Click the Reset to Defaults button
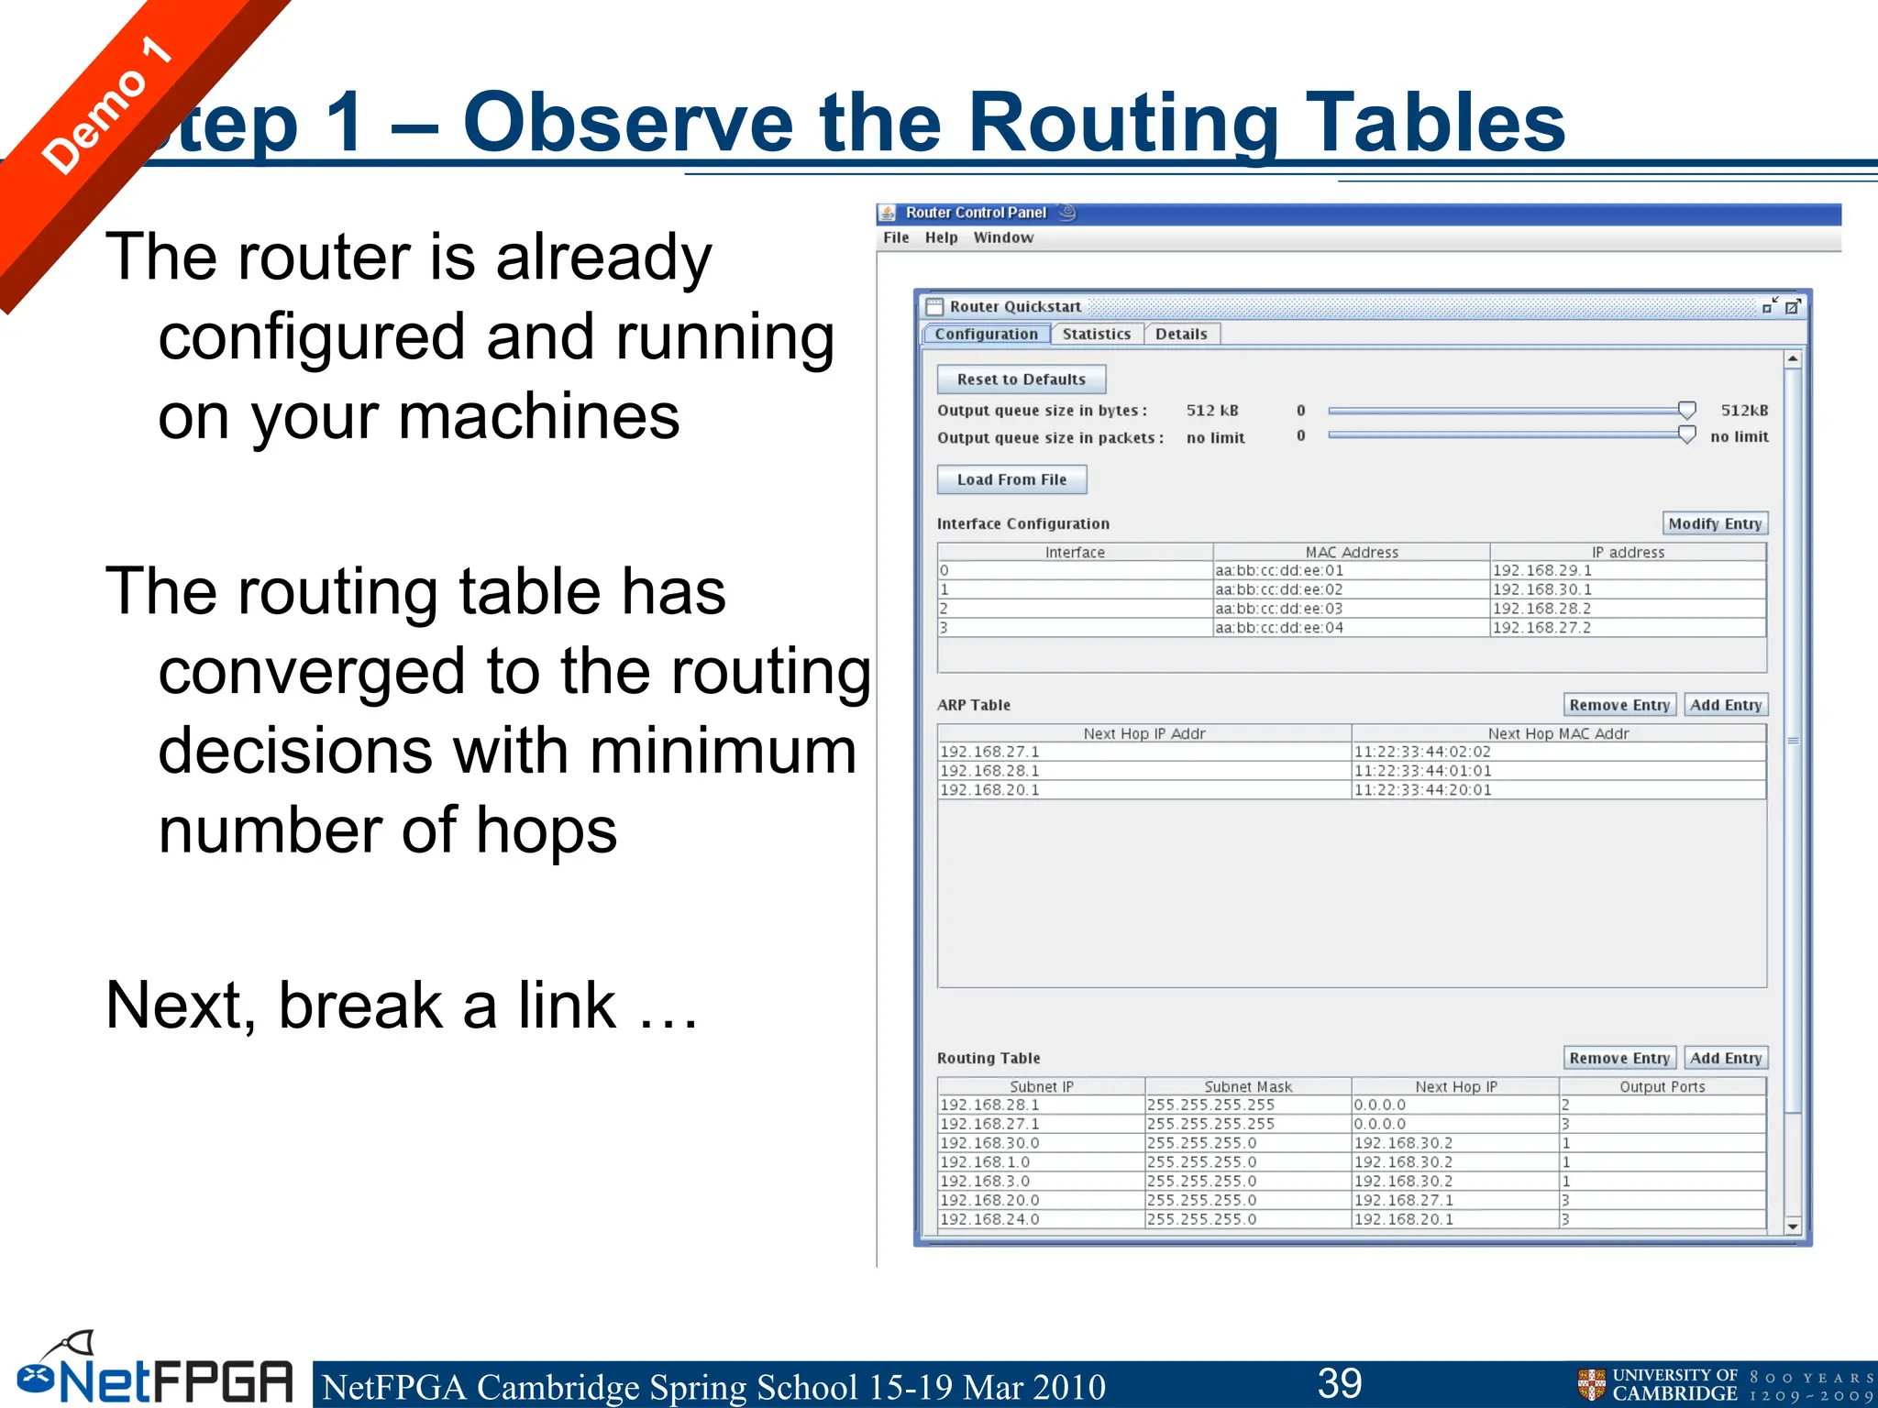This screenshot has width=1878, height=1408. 1021,379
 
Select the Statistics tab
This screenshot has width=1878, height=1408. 1096,335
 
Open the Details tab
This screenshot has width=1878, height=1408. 1181,335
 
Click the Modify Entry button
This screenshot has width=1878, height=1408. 1715,523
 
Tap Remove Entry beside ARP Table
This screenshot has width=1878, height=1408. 1619,705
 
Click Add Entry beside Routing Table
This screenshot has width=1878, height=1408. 1726,1058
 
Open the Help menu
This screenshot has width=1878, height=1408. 941,237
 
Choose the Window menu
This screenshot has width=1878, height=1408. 1003,237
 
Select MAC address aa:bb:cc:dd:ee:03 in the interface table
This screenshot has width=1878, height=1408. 1279,609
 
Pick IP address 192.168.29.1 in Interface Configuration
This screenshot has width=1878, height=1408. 1542,570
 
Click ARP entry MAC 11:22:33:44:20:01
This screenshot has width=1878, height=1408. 1423,790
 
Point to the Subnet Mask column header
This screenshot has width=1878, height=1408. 1248,1086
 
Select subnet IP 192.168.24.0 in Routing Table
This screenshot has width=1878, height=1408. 990,1219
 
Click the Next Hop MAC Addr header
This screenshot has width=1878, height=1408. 1558,733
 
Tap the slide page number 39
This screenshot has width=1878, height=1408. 1340,1383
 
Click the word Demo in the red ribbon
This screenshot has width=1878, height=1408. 94,121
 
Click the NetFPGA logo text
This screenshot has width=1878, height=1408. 174,1380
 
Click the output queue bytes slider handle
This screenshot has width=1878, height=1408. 1686,410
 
